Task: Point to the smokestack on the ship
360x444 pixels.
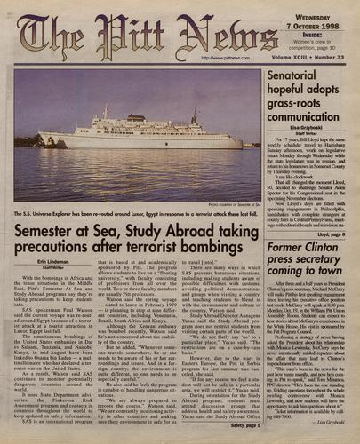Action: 194,116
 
